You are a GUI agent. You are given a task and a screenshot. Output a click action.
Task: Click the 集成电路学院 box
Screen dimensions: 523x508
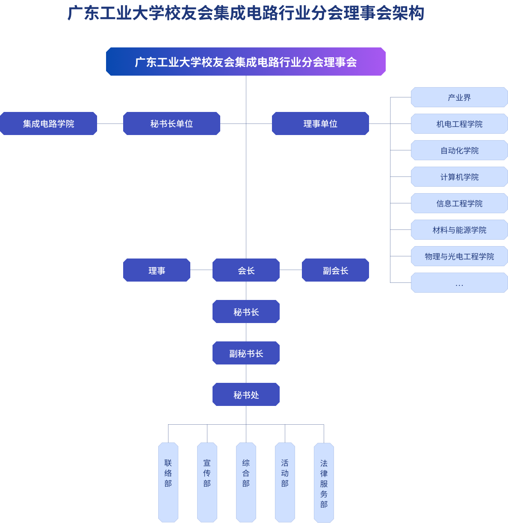click(48, 123)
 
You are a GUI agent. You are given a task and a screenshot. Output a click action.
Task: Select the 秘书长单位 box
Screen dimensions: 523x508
click(171, 123)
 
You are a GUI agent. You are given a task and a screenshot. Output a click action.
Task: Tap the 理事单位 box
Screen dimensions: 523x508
click(320, 123)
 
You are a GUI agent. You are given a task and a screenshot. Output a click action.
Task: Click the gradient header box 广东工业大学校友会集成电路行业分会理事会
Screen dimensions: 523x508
click(246, 62)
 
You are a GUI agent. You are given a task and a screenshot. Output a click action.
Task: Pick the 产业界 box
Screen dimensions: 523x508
click(459, 97)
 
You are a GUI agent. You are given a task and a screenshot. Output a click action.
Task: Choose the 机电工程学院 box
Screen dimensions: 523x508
click(459, 124)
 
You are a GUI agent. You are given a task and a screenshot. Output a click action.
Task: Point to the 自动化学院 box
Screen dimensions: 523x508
click(459, 150)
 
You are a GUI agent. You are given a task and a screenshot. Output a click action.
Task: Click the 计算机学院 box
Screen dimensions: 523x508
click(459, 177)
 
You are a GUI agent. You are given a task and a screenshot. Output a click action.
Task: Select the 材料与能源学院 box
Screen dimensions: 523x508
click(459, 230)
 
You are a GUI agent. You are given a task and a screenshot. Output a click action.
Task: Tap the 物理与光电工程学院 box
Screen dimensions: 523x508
click(459, 256)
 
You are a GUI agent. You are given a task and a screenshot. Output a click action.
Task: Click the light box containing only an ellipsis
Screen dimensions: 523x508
click(459, 283)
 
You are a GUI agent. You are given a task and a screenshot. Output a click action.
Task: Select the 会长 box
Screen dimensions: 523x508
click(246, 270)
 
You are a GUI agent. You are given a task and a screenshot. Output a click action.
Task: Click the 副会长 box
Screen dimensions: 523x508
click(335, 270)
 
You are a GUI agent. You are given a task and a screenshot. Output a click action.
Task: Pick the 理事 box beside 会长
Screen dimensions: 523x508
click(157, 270)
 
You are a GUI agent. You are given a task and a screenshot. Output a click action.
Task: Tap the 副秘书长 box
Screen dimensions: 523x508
click(246, 353)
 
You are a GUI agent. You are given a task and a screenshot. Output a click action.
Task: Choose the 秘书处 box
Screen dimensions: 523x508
click(246, 394)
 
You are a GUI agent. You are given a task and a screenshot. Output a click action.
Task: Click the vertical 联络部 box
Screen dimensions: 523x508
click(168, 482)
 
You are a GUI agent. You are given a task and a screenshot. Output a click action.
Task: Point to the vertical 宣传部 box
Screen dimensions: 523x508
click(207, 482)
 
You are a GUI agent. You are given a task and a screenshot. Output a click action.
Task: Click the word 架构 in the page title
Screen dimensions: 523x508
click(408, 13)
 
